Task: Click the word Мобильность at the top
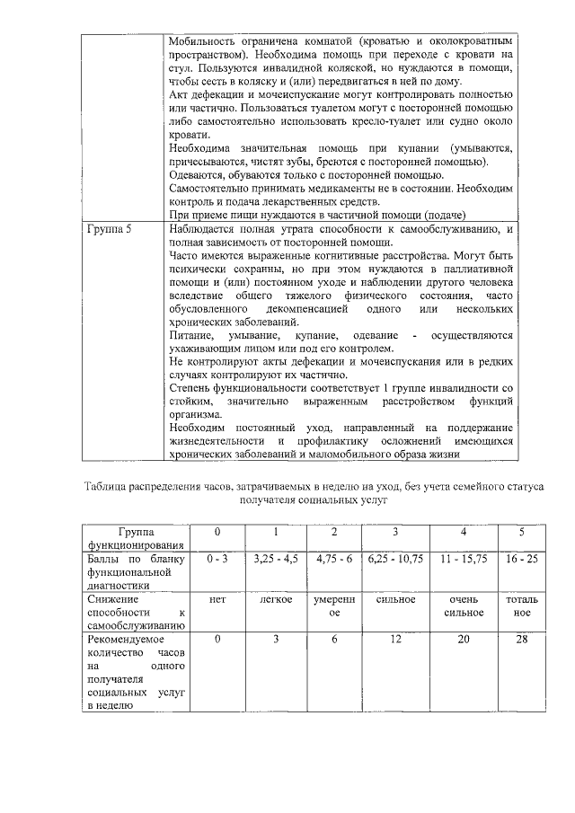tap(205, 41)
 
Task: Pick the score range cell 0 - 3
tap(217, 558)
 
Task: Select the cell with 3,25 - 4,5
tap(276, 558)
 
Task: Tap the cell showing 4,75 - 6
tap(333, 558)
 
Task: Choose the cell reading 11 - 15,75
tap(463, 558)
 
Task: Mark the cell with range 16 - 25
tap(522, 558)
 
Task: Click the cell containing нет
tap(217, 598)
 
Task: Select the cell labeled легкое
tap(276, 598)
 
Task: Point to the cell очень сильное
tap(463, 605)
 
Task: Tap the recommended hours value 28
tap(522, 638)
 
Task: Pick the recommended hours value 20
tap(463, 638)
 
